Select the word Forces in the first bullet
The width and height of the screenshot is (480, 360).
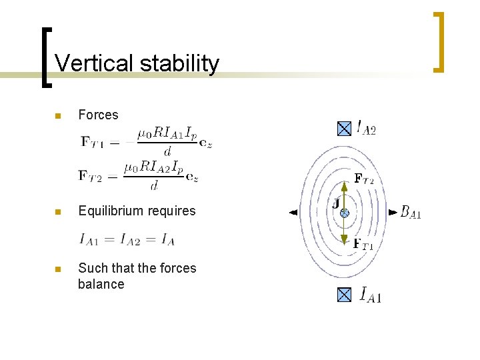98,115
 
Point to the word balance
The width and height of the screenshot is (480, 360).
101,284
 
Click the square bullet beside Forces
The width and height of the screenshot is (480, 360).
57,116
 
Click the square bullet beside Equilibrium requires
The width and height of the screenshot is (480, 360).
57,212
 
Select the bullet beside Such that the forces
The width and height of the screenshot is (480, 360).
57,269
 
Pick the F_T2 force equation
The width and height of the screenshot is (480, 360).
139,175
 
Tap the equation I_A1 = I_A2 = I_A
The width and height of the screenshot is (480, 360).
127,238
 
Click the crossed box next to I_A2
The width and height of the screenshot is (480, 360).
344,129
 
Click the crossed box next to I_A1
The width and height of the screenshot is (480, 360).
344,294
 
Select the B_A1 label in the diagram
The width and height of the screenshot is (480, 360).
411,212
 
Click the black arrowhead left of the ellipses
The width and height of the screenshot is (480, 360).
293,213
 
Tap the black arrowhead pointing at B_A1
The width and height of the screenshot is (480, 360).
392,213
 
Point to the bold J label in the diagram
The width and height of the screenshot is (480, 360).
335,202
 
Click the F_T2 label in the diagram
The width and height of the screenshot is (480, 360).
363,179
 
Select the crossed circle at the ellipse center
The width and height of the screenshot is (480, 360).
345,213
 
